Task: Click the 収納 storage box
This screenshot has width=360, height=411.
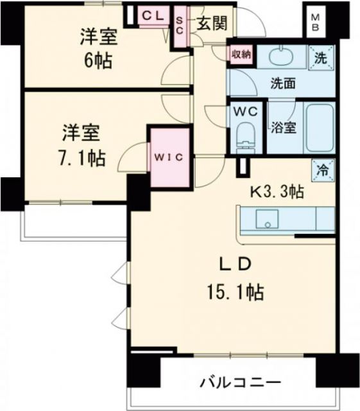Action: [241, 54]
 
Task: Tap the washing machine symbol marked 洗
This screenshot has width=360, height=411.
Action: [319, 56]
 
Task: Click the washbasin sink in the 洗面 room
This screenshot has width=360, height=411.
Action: [282, 57]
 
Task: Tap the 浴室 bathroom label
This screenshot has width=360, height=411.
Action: [282, 127]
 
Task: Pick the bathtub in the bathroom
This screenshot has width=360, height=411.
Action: [318, 127]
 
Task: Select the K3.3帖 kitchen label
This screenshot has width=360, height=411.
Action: [277, 190]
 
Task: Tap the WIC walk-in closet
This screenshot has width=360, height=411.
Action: [169, 155]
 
